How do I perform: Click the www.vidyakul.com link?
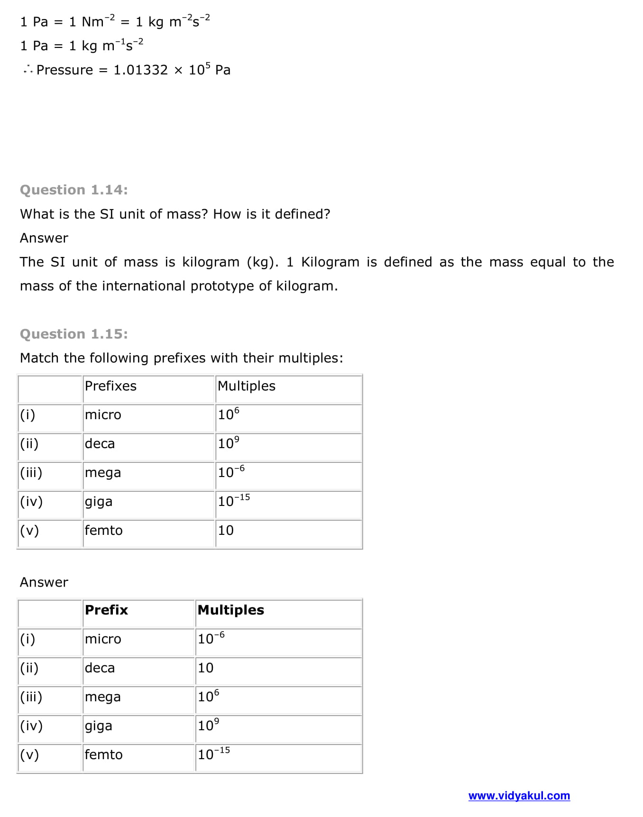click(x=519, y=796)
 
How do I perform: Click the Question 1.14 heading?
click(x=73, y=190)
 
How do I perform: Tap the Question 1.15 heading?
click(x=73, y=334)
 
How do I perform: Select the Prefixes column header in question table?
click(x=110, y=386)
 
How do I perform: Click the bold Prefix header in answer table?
click(x=106, y=610)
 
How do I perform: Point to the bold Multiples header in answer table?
click(x=230, y=610)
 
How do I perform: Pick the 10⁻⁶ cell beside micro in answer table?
click(x=211, y=638)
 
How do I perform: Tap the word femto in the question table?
click(x=103, y=530)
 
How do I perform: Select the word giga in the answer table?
click(x=99, y=726)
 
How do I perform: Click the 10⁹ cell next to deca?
click(x=229, y=443)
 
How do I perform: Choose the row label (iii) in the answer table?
click(x=31, y=697)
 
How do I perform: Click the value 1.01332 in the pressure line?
click(x=140, y=70)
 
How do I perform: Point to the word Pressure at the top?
click(x=65, y=70)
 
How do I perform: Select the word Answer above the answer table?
click(x=44, y=582)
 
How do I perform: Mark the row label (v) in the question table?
click(x=29, y=530)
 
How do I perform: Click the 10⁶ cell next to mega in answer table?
click(x=209, y=696)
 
